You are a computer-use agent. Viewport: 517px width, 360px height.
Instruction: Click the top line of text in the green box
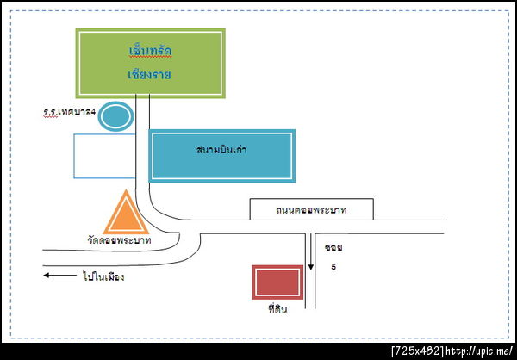tap(149, 52)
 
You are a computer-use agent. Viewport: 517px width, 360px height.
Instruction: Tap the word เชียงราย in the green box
tap(149, 75)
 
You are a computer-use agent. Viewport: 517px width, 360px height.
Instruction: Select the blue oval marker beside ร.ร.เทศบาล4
tap(115, 115)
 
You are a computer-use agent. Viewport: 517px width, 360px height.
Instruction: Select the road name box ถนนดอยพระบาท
tap(310, 209)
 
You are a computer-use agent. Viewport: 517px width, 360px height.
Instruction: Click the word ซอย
tap(333, 248)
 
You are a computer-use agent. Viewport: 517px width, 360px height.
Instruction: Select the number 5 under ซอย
tap(333, 266)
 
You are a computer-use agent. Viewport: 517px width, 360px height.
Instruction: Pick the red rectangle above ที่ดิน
tap(277, 282)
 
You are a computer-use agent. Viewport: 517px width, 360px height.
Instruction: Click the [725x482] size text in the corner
tap(417, 351)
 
